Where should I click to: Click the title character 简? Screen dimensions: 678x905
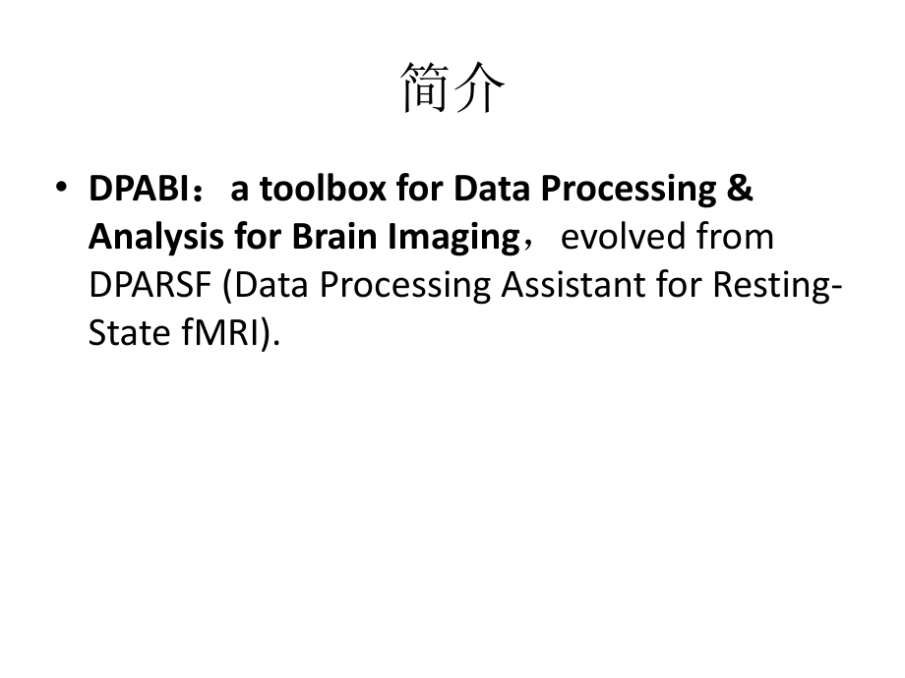(x=426, y=87)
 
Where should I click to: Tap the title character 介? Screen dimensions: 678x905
(x=479, y=87)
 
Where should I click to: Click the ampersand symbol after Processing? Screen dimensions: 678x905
(x=742, y=189)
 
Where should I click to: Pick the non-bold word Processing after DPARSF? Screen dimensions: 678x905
(x=381, y=285)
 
